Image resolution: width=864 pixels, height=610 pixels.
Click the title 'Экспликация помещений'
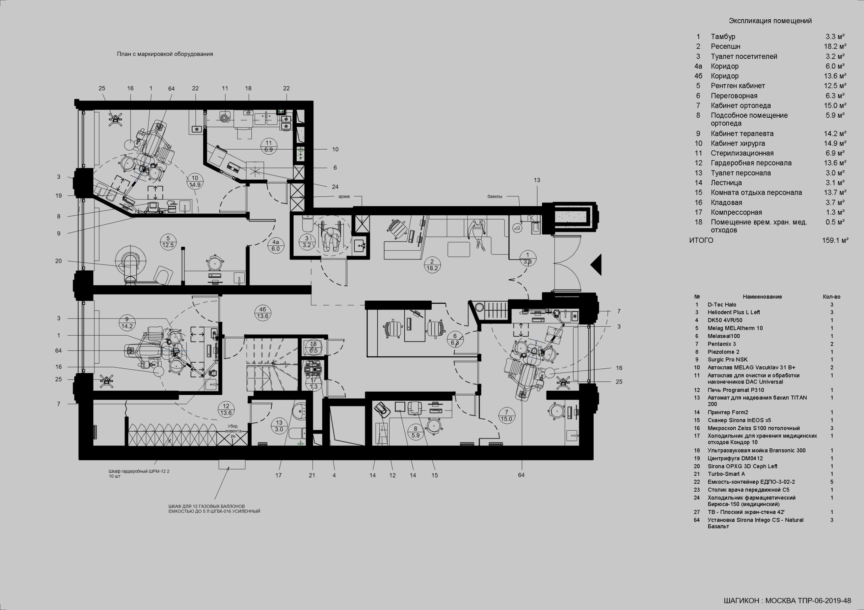click(x=770, y=21)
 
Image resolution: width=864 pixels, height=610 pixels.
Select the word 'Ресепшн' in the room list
click(x=726, y=47)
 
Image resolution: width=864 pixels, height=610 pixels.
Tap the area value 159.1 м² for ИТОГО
click(x=835, y=241)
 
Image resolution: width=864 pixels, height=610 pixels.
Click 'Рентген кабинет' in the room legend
click(x=738, y=86)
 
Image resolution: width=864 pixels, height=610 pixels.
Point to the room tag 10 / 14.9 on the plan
click(x=195, y=181)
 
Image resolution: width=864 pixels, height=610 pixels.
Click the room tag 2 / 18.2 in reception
click(x=432, y=265)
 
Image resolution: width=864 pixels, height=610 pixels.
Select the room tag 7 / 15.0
click(x=507, y=415)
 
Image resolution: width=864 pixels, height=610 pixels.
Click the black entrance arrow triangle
click(x=596, y=265)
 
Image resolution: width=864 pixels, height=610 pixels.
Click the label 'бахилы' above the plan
click(x=495, y=196)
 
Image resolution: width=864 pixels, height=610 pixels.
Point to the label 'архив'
click(x=344, y=196)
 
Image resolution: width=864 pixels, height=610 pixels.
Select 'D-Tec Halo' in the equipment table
click(x=722, y=304)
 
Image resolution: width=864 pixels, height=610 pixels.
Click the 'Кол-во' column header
click(x=832, y=297)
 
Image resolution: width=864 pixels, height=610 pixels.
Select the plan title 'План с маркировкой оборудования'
click(x=165, y=54)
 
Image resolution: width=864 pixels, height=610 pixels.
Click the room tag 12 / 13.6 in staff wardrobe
click(x=226, y=409)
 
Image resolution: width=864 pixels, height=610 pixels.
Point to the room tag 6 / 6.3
click(x=455, y=339)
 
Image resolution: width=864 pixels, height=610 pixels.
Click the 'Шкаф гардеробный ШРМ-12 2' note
click(x=139, y=471)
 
